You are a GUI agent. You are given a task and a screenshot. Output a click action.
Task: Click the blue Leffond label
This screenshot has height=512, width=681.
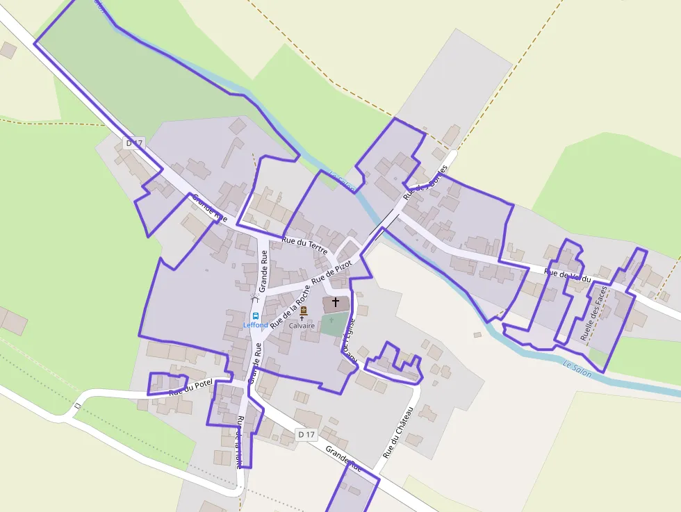click(x=255, y=325)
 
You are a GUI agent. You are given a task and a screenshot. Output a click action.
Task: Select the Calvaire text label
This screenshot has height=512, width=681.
click(x=302, y=325)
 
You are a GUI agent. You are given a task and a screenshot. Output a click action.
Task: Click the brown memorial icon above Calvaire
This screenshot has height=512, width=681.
click(x=303, y=312)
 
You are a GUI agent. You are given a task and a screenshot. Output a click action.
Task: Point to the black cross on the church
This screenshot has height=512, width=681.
click(x=336, y=302)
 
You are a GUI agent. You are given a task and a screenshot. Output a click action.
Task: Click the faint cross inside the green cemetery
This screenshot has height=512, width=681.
click(x=332, y=320)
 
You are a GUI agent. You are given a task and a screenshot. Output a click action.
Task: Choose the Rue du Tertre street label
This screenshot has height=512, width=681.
click(x=304, y=246)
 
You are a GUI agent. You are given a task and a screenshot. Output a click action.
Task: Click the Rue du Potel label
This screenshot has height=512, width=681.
click(x=190, y=388)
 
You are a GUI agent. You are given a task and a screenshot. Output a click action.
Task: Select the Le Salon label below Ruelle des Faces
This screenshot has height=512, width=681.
click(x=577, y=369)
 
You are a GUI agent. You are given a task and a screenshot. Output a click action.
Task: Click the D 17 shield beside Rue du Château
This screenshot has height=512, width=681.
click(x=306, y=435)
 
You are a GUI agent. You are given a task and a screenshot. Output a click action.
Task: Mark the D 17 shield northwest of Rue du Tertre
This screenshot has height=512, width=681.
click(x=134, y=143)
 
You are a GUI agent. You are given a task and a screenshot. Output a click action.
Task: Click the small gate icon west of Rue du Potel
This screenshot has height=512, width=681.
click(x=77, y=404)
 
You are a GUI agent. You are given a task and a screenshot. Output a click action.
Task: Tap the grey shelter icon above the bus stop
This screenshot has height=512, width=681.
click(x=254, y=297)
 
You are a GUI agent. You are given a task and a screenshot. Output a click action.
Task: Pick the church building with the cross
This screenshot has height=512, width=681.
click(x=336, y=304)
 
